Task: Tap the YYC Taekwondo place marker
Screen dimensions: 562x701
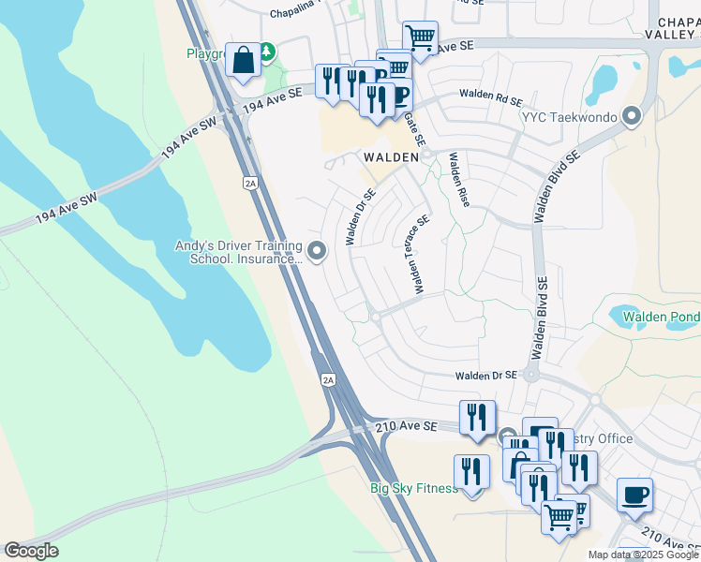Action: click(x=633, y=117)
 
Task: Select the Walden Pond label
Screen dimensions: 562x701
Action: click(x=662, y=317)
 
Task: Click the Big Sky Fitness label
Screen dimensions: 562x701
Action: click(x=413, y=488)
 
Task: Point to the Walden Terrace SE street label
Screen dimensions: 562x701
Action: click(x=417, y=254)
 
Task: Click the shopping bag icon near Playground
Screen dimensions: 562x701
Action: click(x=243, y=61)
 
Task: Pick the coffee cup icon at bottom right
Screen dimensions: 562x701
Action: click(x=634, y=495)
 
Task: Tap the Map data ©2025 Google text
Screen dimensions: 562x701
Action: click(x=642, y=555)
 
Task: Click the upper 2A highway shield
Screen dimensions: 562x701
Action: click(x=249, y=184)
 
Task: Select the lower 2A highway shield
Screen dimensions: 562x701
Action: click(x=327, y=379)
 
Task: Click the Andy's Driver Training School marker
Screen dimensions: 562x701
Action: click(x=317, y=250)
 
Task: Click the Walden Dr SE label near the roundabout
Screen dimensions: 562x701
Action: click(x=485, y=376)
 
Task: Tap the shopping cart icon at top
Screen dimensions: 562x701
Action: click(x=420, y=38)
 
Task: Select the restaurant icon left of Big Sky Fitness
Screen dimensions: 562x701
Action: click(x=471, y=472)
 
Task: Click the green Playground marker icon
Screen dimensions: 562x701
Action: click(x=267, y=50)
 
